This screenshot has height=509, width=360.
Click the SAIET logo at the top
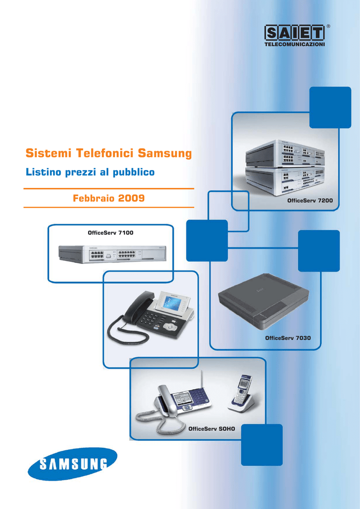pos(294,34)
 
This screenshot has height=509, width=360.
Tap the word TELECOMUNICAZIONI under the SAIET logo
pos(294,45)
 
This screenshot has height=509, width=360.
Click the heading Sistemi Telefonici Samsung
pos(108,153)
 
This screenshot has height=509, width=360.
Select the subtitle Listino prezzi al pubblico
pos(90,172)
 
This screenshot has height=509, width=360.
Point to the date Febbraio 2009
pos(108,198)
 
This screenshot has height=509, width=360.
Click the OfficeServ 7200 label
pos(310,200)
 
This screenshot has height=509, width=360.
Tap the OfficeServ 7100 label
pos(110,233)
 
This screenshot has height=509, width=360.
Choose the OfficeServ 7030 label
pos(288,338)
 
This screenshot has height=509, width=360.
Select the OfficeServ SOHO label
pos(211,428)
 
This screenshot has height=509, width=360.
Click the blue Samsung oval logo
pos(73,463)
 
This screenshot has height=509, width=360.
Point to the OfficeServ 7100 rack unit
pos(112,254)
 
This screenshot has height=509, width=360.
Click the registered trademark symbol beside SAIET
pos(328,25)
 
